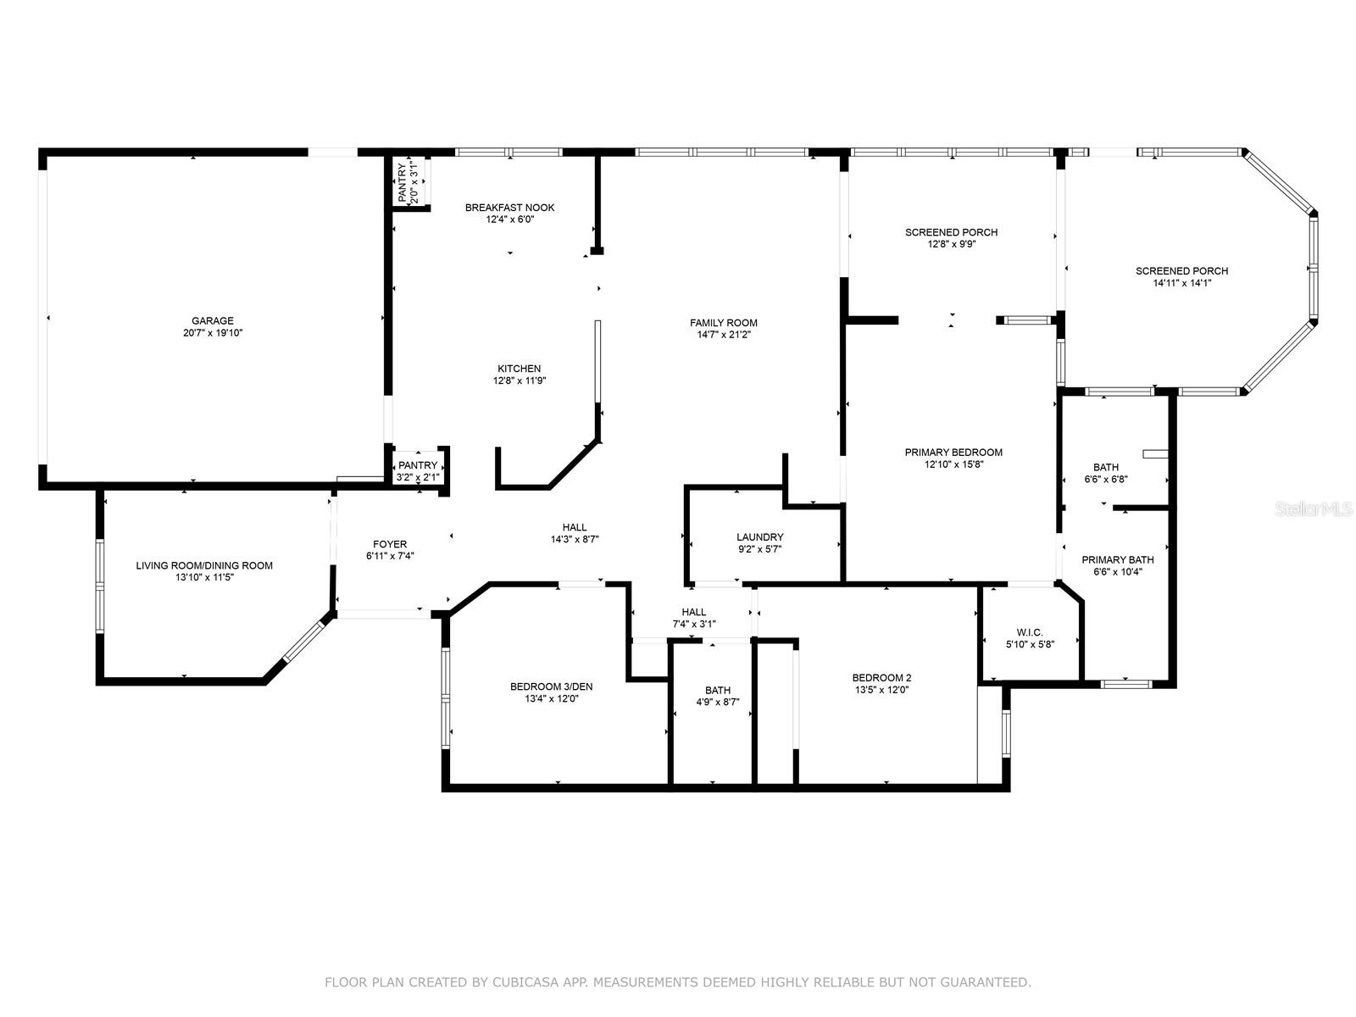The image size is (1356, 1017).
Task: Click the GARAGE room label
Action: point(212,320)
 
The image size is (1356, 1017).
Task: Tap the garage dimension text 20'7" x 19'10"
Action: point(212,333)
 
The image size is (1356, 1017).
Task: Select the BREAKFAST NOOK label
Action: point(509,208)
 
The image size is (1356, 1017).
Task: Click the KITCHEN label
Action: point(519,369)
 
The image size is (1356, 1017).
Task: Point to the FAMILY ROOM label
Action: point(723,323)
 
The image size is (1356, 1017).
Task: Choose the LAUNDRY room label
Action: point(759,537)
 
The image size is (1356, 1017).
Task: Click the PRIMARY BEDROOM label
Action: point(953,453)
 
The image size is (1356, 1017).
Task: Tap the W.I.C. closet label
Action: point(1029,632)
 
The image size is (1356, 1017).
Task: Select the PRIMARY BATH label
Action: point(1117,560)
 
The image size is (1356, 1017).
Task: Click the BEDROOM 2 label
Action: point(881,678)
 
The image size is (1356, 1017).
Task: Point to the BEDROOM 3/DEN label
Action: point(551,686)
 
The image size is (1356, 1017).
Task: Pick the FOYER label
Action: point(390,544)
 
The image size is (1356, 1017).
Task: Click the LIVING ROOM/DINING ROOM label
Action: point(204,565)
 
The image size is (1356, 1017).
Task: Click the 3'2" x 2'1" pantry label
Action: point(418,477)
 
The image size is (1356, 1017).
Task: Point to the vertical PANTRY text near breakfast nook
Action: point(403,181)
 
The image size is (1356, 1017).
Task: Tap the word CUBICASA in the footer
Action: point(531,983)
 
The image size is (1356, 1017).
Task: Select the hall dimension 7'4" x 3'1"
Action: point(693,625)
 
